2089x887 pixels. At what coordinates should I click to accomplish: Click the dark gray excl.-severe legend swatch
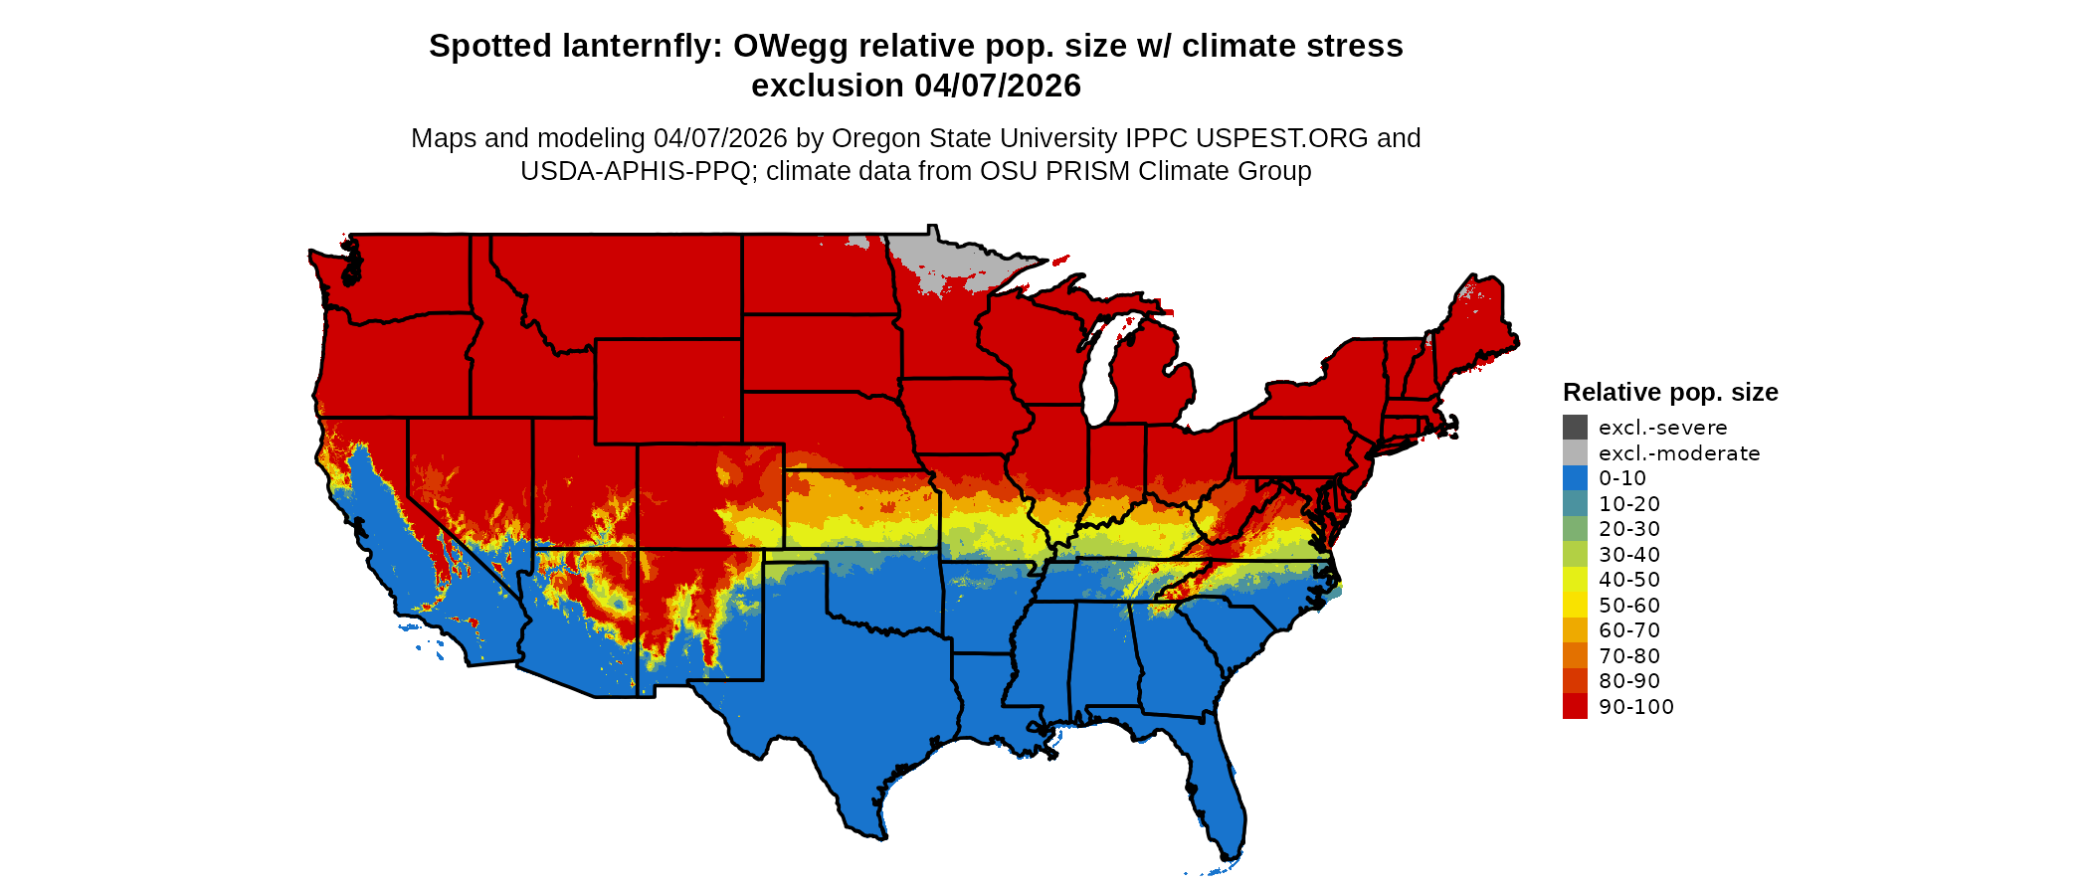tap(1575, 428)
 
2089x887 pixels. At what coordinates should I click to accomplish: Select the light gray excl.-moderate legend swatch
tap(1575, 453)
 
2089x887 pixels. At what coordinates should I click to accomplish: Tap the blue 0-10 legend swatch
tap(1575, 478)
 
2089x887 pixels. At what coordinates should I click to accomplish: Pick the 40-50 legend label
tap(1629, 580)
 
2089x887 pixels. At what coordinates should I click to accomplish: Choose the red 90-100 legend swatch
tap(1575, 707)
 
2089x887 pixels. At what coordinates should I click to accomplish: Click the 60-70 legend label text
tap(1629, 630)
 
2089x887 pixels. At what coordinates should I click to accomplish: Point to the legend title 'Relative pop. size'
tap(1670, 392)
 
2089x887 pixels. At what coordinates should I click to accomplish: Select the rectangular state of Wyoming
tap(667, 392)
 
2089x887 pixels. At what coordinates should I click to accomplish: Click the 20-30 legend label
tap(1629, 529)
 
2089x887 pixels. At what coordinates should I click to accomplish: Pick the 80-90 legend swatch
tap(1575, 681)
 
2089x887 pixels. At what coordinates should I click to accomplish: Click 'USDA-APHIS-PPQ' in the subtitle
tap(635, 171)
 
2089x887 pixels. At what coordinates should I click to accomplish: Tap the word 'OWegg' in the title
tap(791, 46)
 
